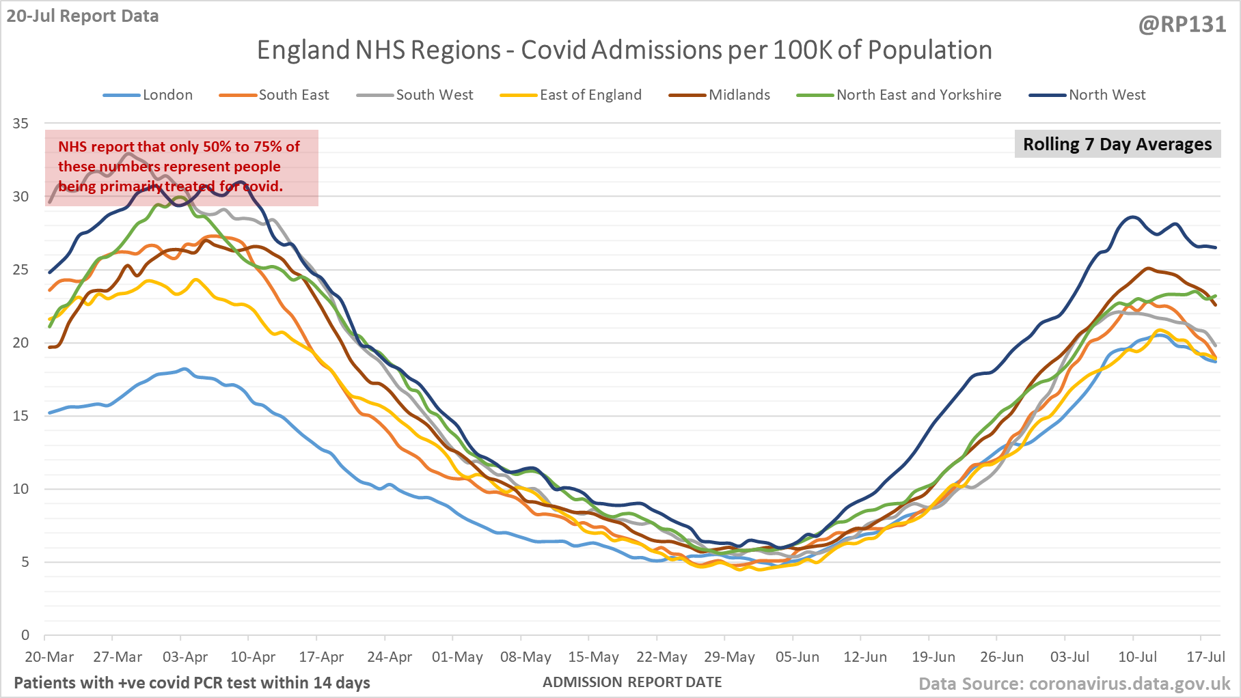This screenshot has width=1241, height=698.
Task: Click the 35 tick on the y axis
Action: [21, 124]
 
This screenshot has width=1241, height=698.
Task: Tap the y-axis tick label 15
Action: [21, 416]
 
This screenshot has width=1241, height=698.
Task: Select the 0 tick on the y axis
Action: [25, 635]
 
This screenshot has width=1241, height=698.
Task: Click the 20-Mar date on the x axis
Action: [49, 657]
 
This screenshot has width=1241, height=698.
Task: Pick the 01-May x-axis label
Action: [457, 657]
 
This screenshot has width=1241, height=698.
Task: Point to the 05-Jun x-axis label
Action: [797, 657]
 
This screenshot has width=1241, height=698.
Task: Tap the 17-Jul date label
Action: [1205, 657]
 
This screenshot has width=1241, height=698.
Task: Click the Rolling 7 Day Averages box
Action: [1117, 144]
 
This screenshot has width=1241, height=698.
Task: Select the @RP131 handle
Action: [1182, 25]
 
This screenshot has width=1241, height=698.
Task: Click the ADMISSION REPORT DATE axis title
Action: [632, 682]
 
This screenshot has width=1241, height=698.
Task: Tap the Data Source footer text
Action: [1074, 684]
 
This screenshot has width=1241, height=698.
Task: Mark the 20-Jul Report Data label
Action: [83, 16]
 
